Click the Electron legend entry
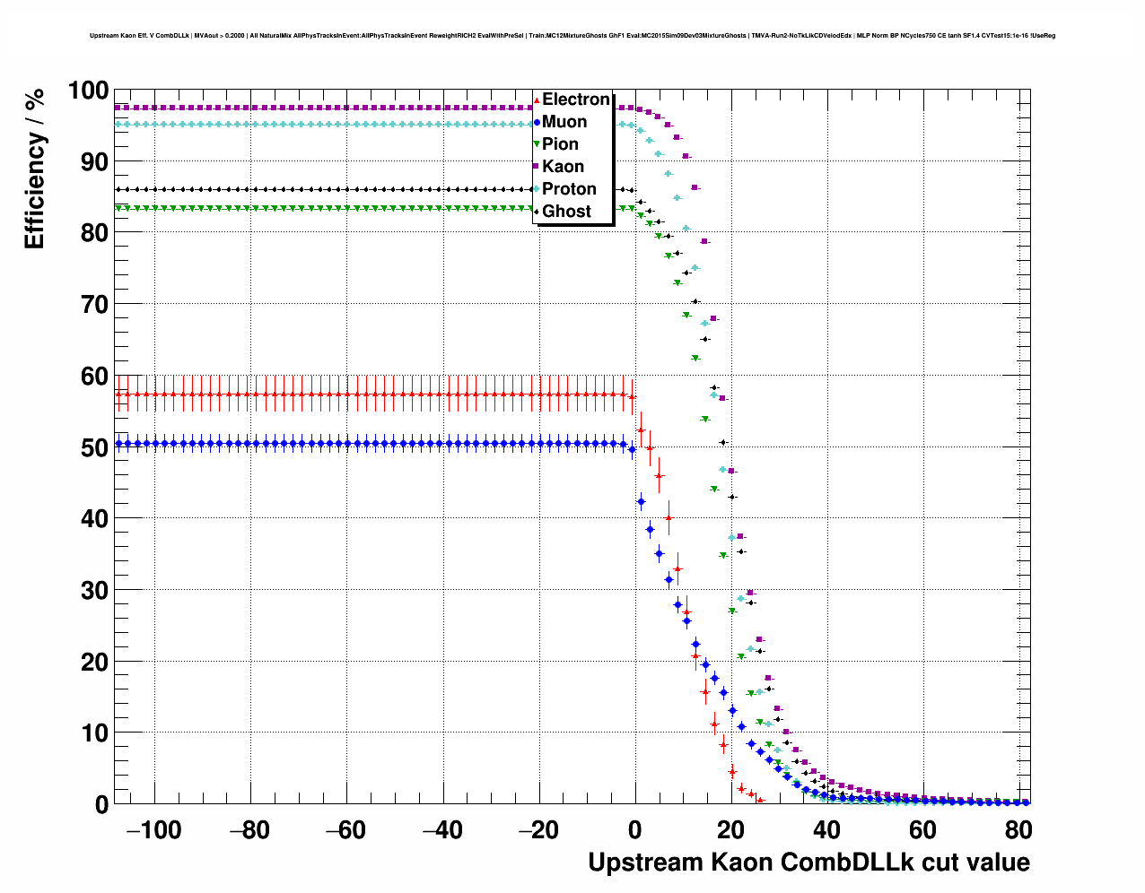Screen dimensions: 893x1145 click(575, 100)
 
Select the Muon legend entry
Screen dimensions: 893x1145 click(564, 122)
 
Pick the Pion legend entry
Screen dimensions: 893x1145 click(560, 144)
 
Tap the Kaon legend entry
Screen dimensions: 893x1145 click(563, 167)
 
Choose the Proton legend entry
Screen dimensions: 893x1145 click(569, 189)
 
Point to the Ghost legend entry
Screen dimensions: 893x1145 click(566, 212)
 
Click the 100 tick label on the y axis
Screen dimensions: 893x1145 click(88, 91)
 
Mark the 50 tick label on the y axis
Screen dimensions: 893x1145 click(94, 447)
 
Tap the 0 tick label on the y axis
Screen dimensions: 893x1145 click(101, 804)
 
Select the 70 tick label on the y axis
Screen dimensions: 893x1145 click(94, 305)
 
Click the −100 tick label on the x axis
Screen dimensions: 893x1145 click(153, 830)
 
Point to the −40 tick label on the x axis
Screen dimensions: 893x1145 click(442, 830)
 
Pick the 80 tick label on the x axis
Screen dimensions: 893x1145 click(1018, 830)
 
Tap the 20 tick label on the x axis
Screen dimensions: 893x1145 click(731, 830)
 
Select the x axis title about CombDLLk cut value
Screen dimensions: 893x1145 click(808, 863)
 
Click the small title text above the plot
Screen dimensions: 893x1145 click(572, 36)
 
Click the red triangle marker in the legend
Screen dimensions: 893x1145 click(537, 100)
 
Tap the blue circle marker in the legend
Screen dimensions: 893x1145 click(537, 122)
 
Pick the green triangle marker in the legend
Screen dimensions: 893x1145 click(537, 144)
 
